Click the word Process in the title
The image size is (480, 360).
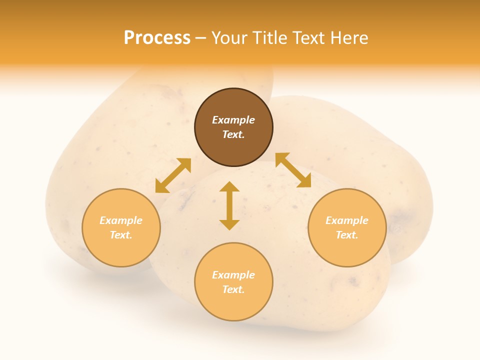pyautogui.click(x=157, y=38)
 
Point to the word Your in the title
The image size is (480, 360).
pyautogui.click(x=229, y=38)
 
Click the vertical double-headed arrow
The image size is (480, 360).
pyautogui.click(x=229, y=205)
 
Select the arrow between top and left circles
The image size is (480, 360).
pyautogui.click(x=173, y=175)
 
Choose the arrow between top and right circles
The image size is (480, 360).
pyautogui.click(x=293, y=170)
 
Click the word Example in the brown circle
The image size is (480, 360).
pyautogui.click(x=233, y=120)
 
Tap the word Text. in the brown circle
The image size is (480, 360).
pyautogui.click(x=233, y=134)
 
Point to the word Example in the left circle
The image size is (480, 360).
pyautogui.click(x=121, y=220)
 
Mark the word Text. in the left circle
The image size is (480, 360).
pyautogui.click(x=121, y=235)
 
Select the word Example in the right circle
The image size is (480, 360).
pyautogui.click(x=347, y=220)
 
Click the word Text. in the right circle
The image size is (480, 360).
pyautogui.click(x=347, y=235)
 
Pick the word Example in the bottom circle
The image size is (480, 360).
pyautogui.click(x=233, y=275)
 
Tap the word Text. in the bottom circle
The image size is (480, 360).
pyautogui.click(x=233, y=289)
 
